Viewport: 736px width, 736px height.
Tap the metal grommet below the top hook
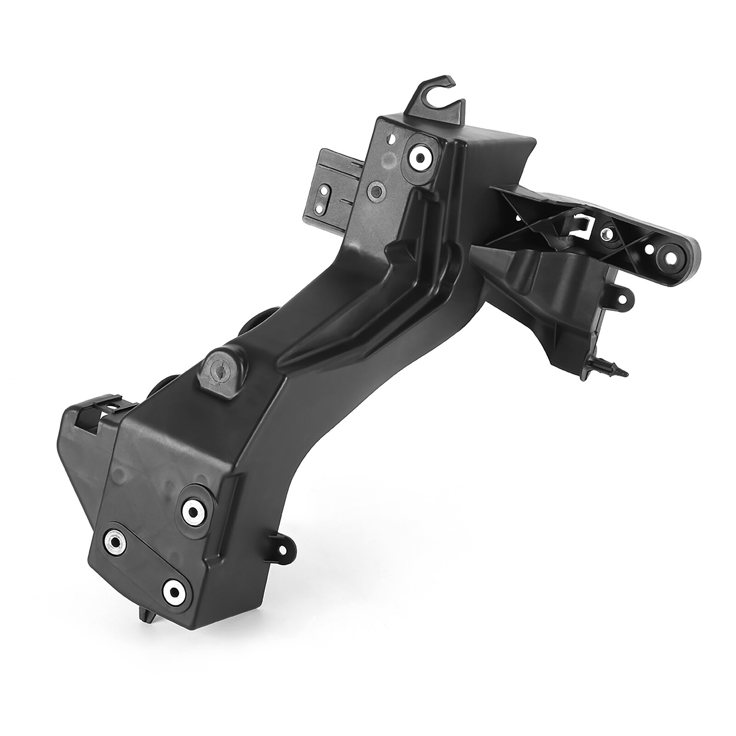420,158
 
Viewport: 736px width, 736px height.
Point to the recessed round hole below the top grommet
376,189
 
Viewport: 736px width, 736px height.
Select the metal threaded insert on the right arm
609,233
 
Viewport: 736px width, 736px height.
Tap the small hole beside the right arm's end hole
650,249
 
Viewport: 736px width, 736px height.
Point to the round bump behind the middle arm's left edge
252,317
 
